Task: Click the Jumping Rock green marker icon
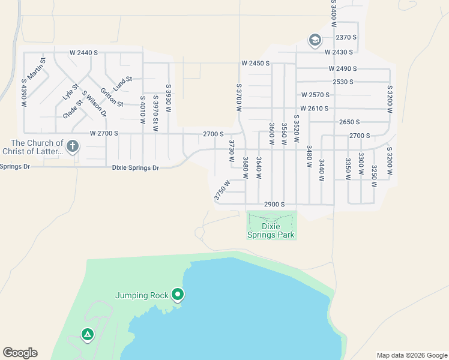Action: [x=178, y=295]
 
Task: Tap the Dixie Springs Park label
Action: [x=271, y=231]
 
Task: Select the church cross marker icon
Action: [x=73, y=146]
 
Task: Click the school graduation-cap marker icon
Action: [x=315, y=40]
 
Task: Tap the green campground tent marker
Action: [x=88, y=334]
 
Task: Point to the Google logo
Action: [x=20, y=353]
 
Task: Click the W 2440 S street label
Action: [x=83, y=53]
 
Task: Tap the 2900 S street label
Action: [x=274, y=205]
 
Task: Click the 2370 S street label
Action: [x=346, y=37]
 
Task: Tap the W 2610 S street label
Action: [x=315, y=109]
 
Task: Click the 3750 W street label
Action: [x=222, y=190]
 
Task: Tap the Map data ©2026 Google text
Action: [x=411, y=355]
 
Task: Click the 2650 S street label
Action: [x=349, y=122]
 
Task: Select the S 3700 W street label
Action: [x=239, y=98]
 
